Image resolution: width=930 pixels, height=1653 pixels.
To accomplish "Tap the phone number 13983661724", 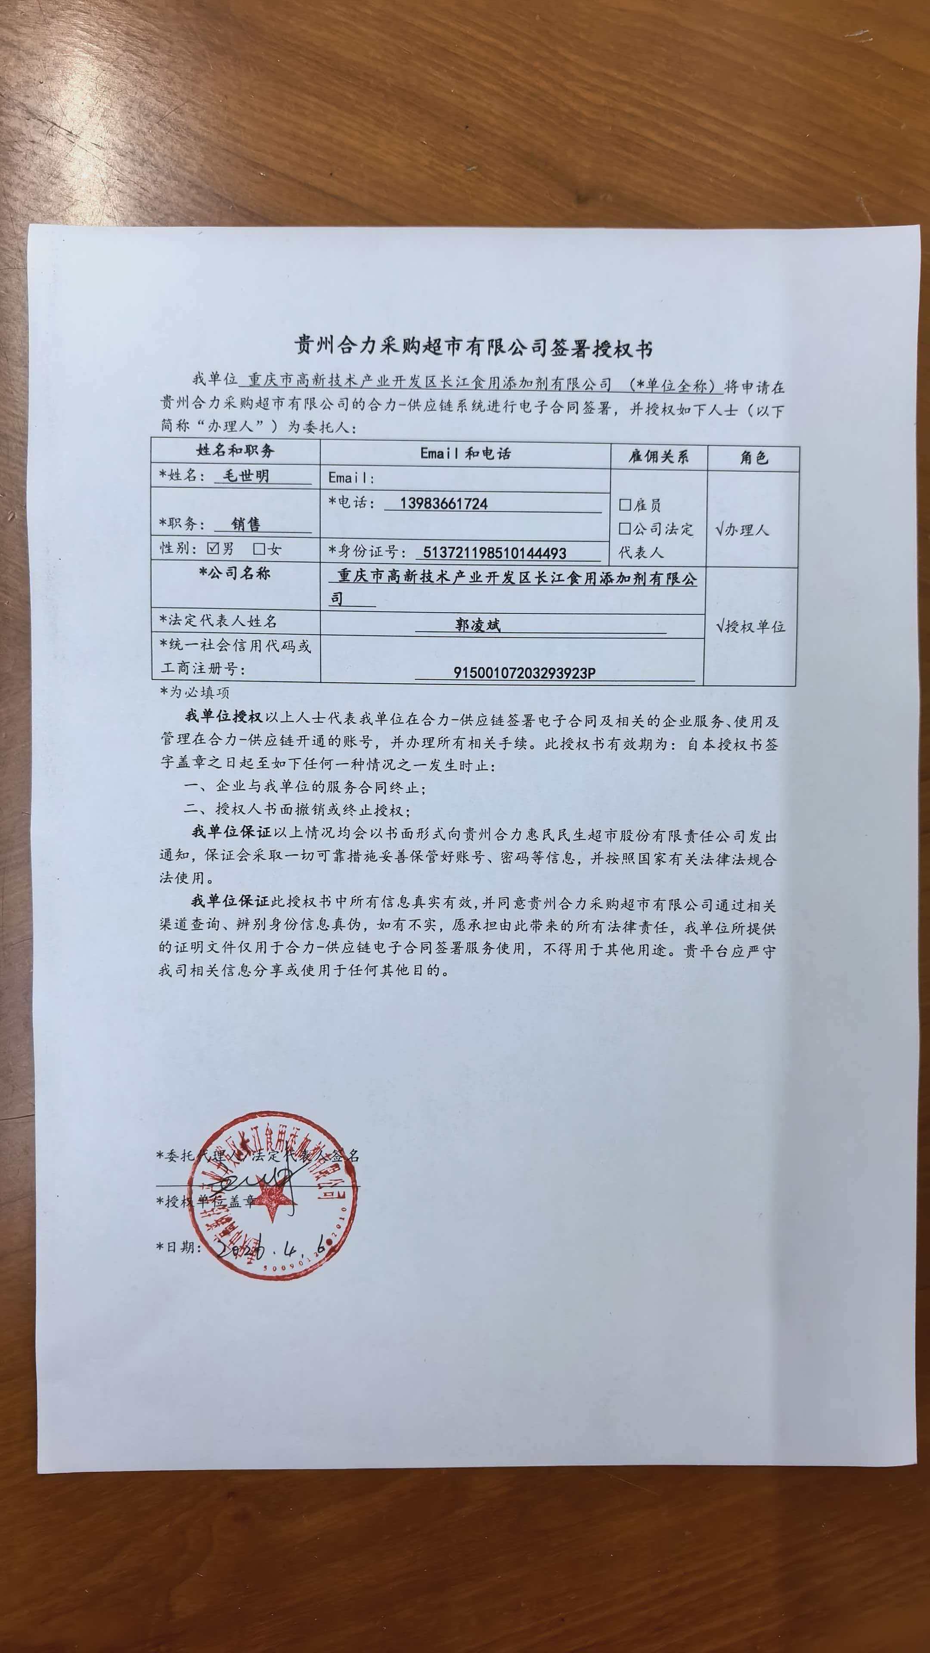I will [443, 504].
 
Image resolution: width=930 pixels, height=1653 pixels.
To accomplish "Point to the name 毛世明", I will [245, 476].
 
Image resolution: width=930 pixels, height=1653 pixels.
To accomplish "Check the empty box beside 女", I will [259, 549].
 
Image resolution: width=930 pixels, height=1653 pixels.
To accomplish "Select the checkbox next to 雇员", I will [624, 505].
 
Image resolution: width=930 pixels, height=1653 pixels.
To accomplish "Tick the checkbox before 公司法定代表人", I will [624, 529].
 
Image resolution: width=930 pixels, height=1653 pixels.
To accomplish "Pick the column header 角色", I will [753, 458].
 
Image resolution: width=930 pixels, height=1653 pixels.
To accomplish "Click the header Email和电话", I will [465, 454].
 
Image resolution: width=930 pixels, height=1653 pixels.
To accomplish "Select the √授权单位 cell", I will [750, 626].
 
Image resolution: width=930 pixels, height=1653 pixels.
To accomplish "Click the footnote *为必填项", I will [195, 692].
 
